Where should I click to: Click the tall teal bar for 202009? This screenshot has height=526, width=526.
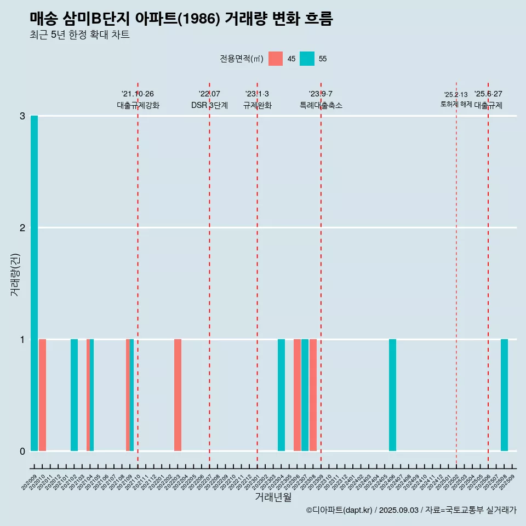(34, 283)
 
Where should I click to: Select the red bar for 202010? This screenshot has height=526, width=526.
(42, 395)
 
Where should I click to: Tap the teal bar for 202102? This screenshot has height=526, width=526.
(74, 395)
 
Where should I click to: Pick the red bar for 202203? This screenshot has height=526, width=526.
(178, 395)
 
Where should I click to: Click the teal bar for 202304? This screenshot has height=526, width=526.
(281, 395)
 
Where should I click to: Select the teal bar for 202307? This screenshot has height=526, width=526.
(305, 395)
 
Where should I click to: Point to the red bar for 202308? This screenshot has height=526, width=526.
(313, 395)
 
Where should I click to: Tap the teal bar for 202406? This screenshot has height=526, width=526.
(392, 395)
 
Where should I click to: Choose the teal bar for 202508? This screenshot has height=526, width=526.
(504, 395)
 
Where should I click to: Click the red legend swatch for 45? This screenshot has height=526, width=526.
(276, 59)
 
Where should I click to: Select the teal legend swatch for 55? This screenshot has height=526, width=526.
(307, 59)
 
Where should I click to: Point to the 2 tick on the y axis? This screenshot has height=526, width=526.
(22, 227)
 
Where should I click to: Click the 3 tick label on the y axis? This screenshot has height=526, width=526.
(22, 116)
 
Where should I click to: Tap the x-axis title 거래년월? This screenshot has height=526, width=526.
(273, 497)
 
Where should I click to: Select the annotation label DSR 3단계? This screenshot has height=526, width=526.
(209, 105)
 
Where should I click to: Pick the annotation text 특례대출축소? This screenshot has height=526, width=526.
(321, 105)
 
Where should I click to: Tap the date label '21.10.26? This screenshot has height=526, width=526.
(138, 94)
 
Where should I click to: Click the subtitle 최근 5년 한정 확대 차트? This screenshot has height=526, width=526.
(80, 35)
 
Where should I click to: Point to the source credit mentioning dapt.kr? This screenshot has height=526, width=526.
(411, 510)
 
